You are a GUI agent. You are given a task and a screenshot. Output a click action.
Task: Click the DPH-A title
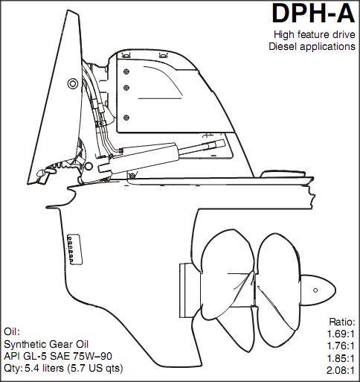tap(313, 13)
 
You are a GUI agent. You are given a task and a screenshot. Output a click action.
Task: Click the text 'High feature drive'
tap(315, 34)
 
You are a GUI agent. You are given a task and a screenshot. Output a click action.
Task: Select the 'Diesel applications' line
tap(312, 46)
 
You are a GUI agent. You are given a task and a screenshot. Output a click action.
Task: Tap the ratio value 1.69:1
tap(341, 334)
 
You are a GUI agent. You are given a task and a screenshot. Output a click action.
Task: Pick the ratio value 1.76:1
tap(341, 346)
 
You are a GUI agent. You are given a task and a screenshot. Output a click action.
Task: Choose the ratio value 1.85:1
tap(341, 358)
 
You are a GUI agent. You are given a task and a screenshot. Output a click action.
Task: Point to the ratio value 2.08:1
tap(341, 371)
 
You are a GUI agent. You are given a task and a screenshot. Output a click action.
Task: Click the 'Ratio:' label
tap(342, 322)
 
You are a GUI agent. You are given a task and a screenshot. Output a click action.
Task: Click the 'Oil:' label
tap(12, 332)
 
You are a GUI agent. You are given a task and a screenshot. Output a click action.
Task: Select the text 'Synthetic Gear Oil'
tap(46, 344)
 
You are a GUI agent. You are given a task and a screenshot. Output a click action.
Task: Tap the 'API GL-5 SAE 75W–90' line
tap(58, 356)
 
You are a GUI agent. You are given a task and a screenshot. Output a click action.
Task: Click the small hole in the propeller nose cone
tap(315, 290)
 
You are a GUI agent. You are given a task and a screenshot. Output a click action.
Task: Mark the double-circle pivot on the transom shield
tap(73, 83)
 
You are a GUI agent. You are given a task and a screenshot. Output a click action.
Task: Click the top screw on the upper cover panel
tap(126, 71)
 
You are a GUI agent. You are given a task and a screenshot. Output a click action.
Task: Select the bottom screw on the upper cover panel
tap(126, 118)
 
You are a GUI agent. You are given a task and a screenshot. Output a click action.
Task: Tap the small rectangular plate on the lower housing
tap(75, 249)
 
